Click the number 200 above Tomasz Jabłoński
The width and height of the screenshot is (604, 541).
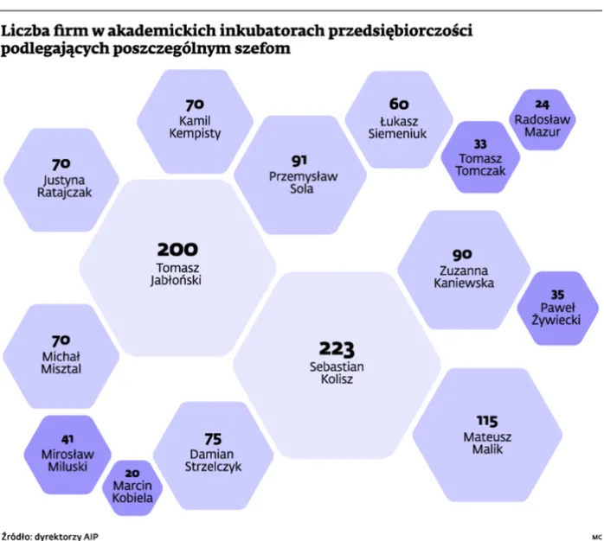[177, 249]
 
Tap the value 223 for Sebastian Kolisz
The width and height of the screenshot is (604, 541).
[337, 348]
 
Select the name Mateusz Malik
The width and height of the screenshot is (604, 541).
[487, 443]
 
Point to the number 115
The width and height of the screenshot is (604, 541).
[487, 421]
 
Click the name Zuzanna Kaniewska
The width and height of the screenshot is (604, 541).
[463, 277]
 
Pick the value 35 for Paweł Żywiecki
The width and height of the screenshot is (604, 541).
[557, 295]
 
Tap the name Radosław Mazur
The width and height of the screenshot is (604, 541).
[543, 126]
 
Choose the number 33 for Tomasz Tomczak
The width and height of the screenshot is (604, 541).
[480, 144]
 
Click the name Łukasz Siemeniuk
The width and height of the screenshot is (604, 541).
[398, 128]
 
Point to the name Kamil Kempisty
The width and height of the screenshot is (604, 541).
[195, 127]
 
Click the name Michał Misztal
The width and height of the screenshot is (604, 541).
[61, 362]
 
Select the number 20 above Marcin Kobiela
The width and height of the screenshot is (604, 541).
[132, 474]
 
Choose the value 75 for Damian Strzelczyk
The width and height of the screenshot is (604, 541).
[213, 438]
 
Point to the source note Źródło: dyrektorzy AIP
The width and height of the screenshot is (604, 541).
[42, 535]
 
